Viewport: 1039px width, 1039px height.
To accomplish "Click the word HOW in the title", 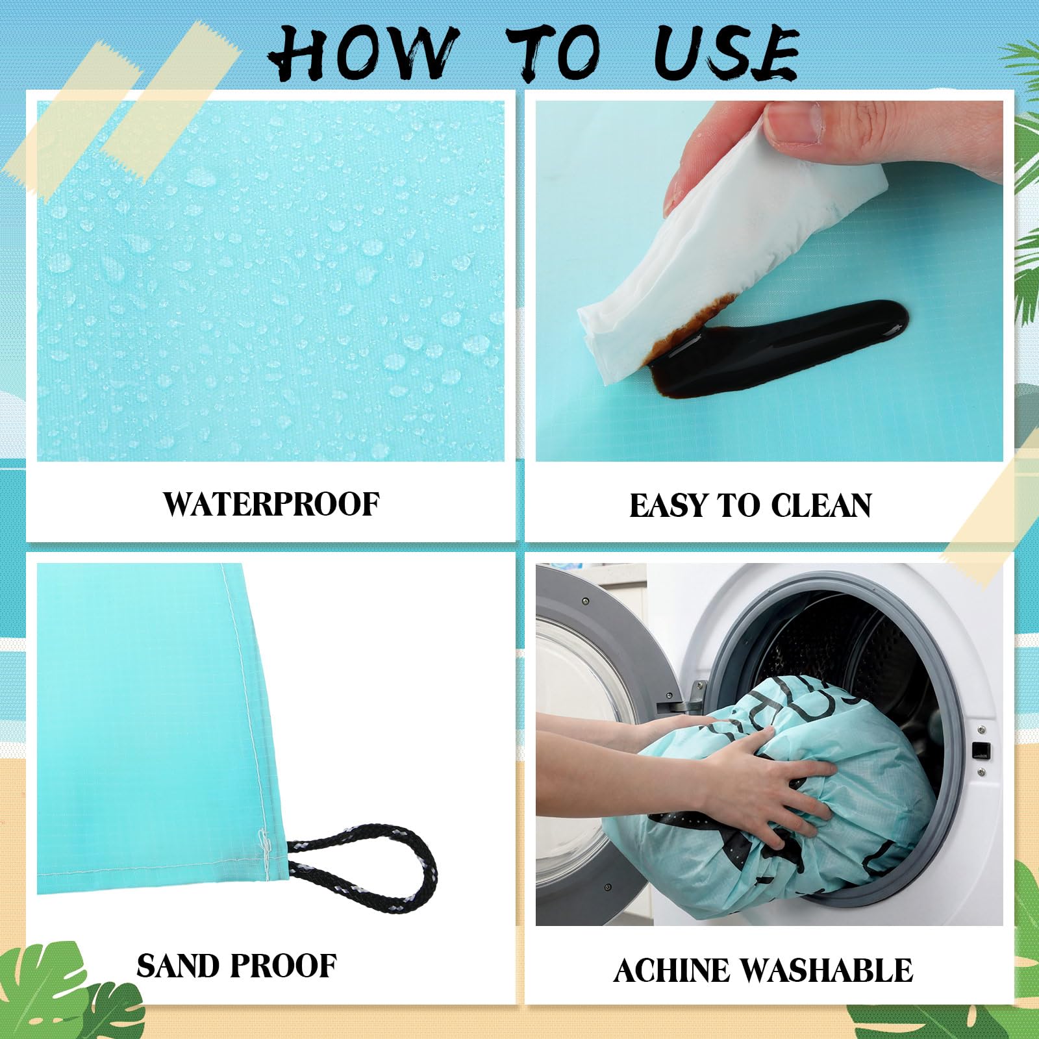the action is (361, 53).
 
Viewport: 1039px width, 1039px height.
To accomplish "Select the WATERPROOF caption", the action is (271, 505).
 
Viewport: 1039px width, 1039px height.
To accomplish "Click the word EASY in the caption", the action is (668, 506).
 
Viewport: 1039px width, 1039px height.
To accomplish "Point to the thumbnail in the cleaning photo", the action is (792, 123).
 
